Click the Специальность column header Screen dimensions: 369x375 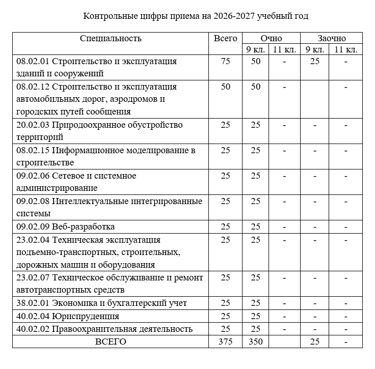(x=111, y=38)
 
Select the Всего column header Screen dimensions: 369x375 (x=225, y=38)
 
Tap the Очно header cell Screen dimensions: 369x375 (x=271, y=38)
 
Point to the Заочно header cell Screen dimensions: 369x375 (x=331, y=38)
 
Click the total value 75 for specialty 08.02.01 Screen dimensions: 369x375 (x=225, y=62)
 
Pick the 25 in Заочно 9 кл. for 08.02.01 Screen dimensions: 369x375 (x=315, y=62)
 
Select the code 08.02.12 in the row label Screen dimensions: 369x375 (x=33, y=87)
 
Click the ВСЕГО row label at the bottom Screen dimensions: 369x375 (x=111, y=342)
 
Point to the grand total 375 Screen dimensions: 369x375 (x=225, y=342)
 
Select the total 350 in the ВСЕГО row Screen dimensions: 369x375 (x=255, y=342)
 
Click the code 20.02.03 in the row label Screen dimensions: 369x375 (x=33, y=125)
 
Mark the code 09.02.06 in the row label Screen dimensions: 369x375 (x=33, y=176)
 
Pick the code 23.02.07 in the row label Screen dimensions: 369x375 (x=33, y=278)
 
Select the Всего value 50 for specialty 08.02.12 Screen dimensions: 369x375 (x=225, y=87)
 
